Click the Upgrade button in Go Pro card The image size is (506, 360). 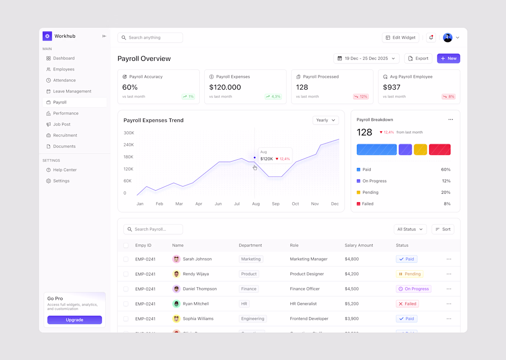click(75, 320)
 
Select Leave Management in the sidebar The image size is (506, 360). click(72, 91)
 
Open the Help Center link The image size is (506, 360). click(64, 170)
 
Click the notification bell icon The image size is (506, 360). click(431, 38)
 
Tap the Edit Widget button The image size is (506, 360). click(400, 38)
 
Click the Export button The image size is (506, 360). click(418, 58)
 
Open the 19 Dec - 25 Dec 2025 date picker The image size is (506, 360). click(366, 58)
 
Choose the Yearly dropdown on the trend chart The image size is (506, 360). click(326, 120)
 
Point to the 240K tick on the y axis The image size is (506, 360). click(129, 145)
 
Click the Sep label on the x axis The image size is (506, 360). click(276, 203)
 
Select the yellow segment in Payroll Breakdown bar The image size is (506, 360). click(420, 150)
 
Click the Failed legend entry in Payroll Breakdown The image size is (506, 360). click(368, 203)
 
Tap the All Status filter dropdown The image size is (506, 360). click(410, 229)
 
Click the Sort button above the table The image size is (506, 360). click(443, 229)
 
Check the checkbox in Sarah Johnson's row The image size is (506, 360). click(126, 259)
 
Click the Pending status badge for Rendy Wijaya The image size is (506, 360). click(409, 274)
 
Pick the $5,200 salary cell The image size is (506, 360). click(351, 304)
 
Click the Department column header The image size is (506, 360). click(250, 245)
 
